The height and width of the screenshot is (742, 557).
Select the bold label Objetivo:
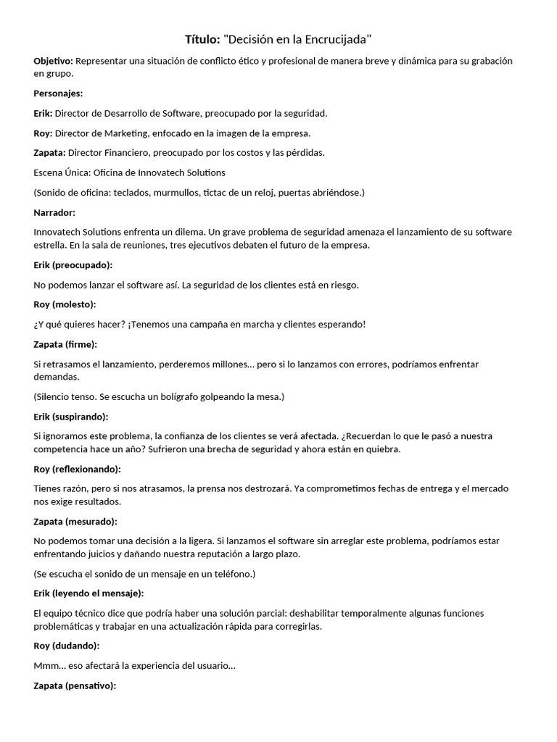tap(53, 61)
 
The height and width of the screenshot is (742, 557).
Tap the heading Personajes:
tap(58, 93)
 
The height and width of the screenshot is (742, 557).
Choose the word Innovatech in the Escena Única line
tap(151, 172)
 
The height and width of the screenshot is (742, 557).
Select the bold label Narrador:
tap(54, 212)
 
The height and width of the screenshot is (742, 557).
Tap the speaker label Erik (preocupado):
tap(73, 264)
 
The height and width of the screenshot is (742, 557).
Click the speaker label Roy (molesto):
tap(65, 304)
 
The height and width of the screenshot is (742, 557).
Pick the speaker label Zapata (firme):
tap(65, 344)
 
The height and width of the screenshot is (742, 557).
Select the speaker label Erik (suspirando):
tap(71, 417)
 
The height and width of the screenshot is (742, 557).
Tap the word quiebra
tap(383, 449)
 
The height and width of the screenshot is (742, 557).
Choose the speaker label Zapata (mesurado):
tap(75, 522)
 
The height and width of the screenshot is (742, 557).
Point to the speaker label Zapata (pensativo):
tap(75, 685)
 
